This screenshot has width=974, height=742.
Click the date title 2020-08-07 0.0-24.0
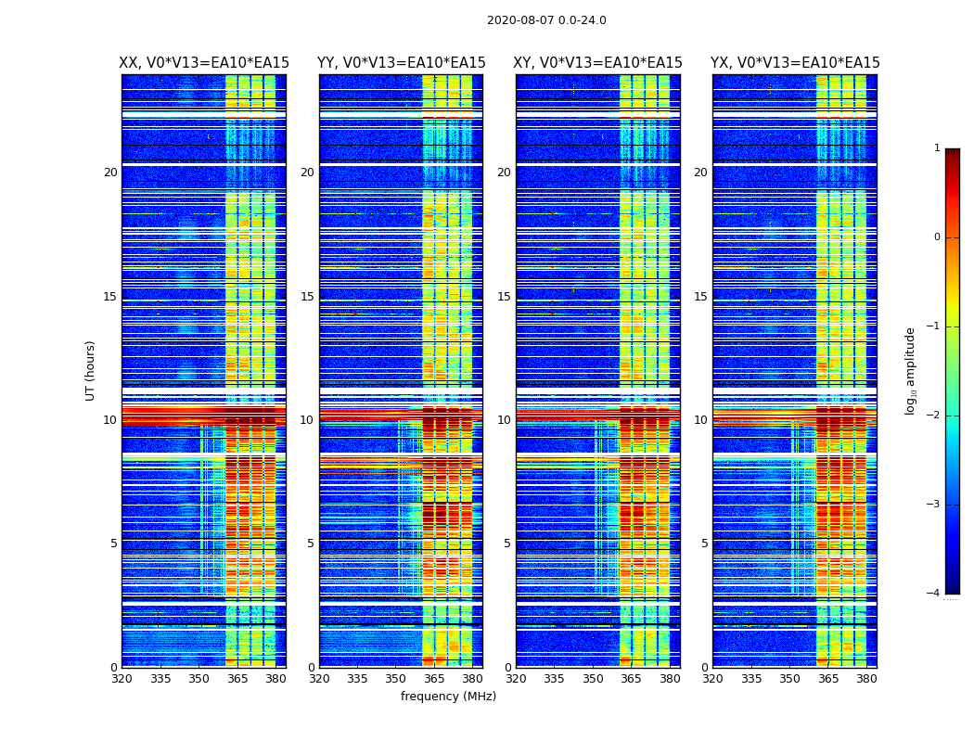click(546, 20)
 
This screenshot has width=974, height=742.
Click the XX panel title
click(204, 63)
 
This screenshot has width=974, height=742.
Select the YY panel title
click(401, 63)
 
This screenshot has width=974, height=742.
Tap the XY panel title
click(598, 63)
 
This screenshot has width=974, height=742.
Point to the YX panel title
click(795, 63)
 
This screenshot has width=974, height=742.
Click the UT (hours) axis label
click(91, 370)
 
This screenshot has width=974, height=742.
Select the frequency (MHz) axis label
click(448, 697)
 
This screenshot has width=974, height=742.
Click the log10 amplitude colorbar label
click(911, 370)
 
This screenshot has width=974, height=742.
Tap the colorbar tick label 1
click(937, 148)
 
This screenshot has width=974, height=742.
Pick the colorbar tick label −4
click(934, 594)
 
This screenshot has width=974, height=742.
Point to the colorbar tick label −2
click(934, 416)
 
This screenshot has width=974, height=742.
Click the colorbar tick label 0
click(937, 237)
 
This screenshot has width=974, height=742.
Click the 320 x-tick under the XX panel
click(122, 680)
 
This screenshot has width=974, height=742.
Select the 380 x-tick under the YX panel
click(866, 680)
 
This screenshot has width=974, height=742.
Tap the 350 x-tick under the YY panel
click(395, 680)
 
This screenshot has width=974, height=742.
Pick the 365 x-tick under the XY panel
click(631, 680)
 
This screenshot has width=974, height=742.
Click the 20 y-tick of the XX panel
click(110, 173)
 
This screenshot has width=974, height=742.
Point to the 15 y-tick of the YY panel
click(307, 297)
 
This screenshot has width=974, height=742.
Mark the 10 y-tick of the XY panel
click(504, 420)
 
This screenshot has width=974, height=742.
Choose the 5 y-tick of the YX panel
click(704, 544)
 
